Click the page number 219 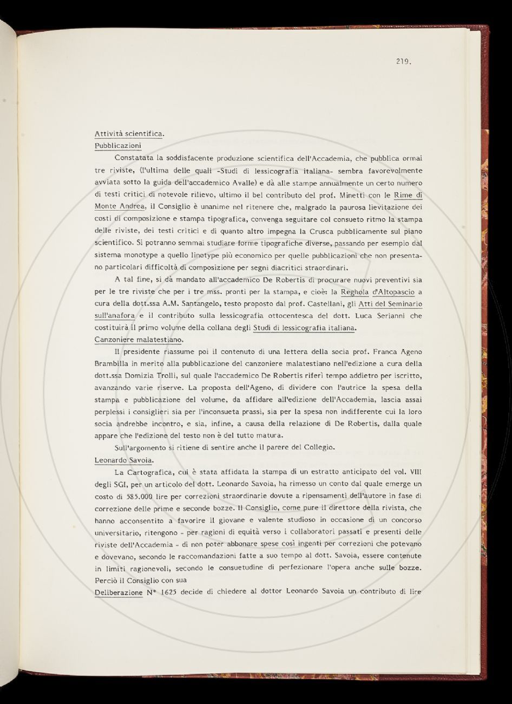pyautogui.click(x=404, y=61)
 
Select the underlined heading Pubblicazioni pyautogui.click(x=118, y=146)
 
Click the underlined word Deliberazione pyautogui.click(x=118, y=592)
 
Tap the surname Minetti pyautogui.click(x=355, y=194)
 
